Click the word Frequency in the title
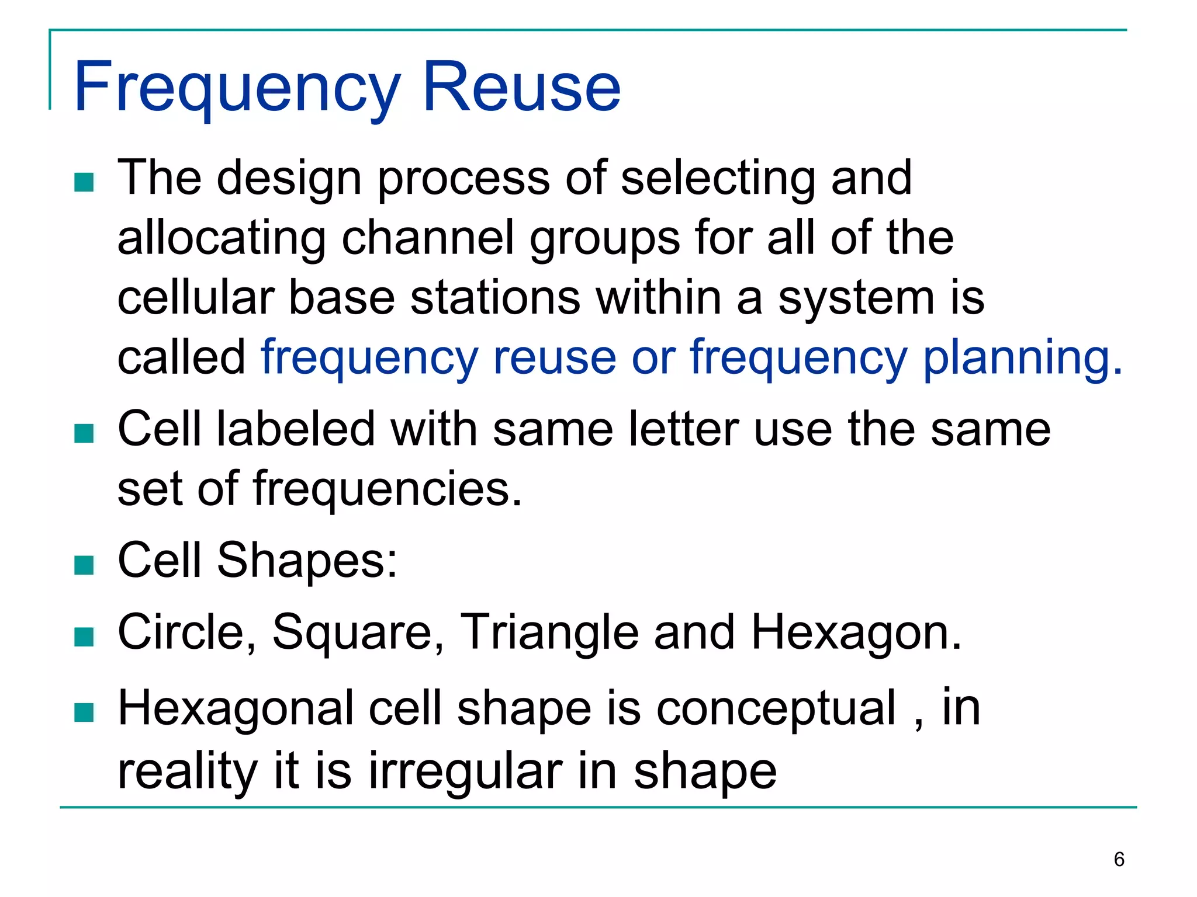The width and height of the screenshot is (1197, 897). click(237, 88)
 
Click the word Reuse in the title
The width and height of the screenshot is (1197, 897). click(521, 88)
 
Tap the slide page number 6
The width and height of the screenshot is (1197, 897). click(1119, 860)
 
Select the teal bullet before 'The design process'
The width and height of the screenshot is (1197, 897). click(84, 182)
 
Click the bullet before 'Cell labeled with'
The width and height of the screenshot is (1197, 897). click(84, 433)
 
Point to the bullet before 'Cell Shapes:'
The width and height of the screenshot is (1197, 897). click(84, 565)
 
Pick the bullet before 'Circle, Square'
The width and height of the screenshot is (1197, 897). click(84, 637)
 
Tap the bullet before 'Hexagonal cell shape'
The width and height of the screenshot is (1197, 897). click(84, 712)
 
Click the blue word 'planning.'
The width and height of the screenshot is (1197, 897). click(1022, 357)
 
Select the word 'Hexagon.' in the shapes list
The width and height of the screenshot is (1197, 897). click(856, 632)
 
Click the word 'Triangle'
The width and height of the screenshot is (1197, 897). click(549, 632)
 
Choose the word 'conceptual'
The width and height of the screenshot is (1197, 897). click(776, 709)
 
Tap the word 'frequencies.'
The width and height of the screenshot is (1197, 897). click(387, 489)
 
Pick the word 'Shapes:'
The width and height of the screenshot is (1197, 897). click(307, 561)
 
